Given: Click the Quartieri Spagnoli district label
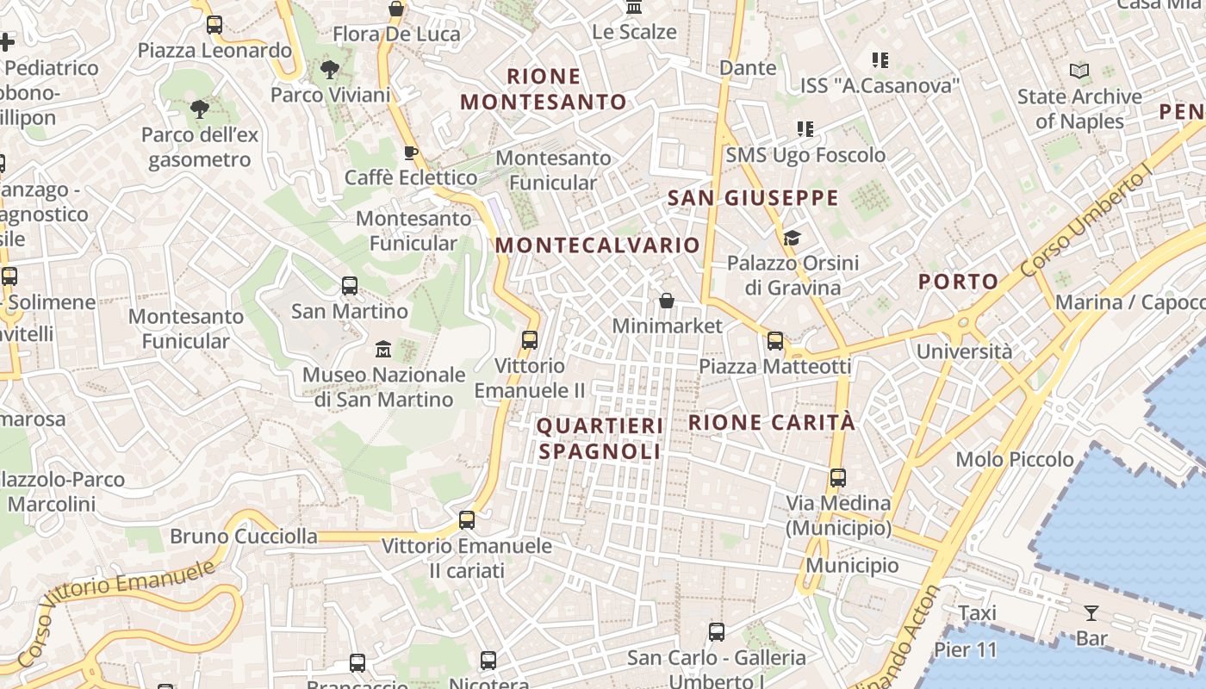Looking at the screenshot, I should pos(600,438).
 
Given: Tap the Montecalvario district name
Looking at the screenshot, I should pos(598,245).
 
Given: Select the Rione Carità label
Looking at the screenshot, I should pos(772,422).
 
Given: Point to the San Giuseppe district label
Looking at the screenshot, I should pos(753,198).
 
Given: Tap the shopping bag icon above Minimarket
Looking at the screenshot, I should pos(667,301).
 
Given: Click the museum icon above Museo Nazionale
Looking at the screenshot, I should pos(383,350).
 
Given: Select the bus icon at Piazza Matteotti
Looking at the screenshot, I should pos(775,341).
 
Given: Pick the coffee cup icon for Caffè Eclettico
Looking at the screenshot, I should pos(411,153).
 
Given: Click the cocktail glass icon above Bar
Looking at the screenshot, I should pos(1091,613).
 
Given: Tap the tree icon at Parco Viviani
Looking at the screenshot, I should pos(329,70).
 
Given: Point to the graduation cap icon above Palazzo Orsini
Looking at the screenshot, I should pos(792,238).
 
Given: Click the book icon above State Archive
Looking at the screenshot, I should pos(1079,71).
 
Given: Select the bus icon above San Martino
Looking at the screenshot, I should pos(350,286).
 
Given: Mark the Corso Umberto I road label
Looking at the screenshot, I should pos(1086,223).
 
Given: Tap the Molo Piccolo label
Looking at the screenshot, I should pos(1015,459).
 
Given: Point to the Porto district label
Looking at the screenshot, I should pos(958,282).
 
